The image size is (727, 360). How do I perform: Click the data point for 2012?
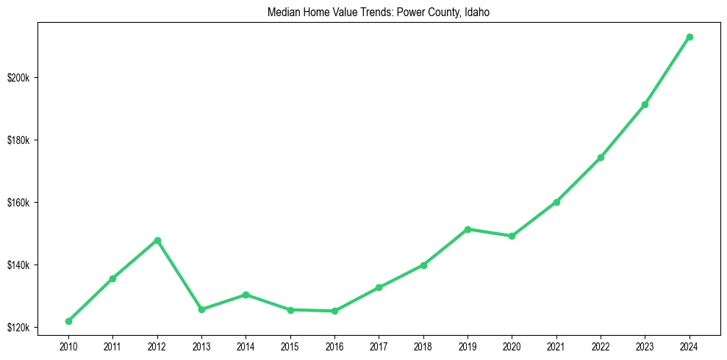point(157,240)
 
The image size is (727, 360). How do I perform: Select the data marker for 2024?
point(690,37)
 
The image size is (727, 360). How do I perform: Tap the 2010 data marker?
point(68,321)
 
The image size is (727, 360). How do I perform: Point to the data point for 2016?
point(334,311)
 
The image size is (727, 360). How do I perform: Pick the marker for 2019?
point(468,229)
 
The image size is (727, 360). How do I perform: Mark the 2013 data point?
point(201,309)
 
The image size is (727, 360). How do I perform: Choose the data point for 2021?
point(556,202)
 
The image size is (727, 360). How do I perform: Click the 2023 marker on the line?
point(645,104)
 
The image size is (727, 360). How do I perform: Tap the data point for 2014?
point(246,295)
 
